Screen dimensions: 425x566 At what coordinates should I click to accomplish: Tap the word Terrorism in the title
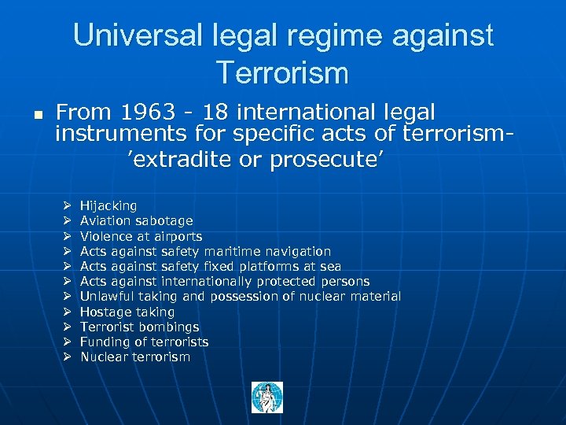click(x=283, y=72)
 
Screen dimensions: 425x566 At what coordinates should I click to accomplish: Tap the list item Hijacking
click(x=108, y=206)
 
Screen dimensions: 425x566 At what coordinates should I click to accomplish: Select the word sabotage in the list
click(x=164, y=221)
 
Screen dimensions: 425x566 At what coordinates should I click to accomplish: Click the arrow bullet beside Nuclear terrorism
click(x=68, y=357)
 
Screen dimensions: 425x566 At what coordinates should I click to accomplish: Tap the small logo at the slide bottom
click(x=266, y=397)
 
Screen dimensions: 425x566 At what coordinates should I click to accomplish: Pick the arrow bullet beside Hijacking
click(x=68, y=206)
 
